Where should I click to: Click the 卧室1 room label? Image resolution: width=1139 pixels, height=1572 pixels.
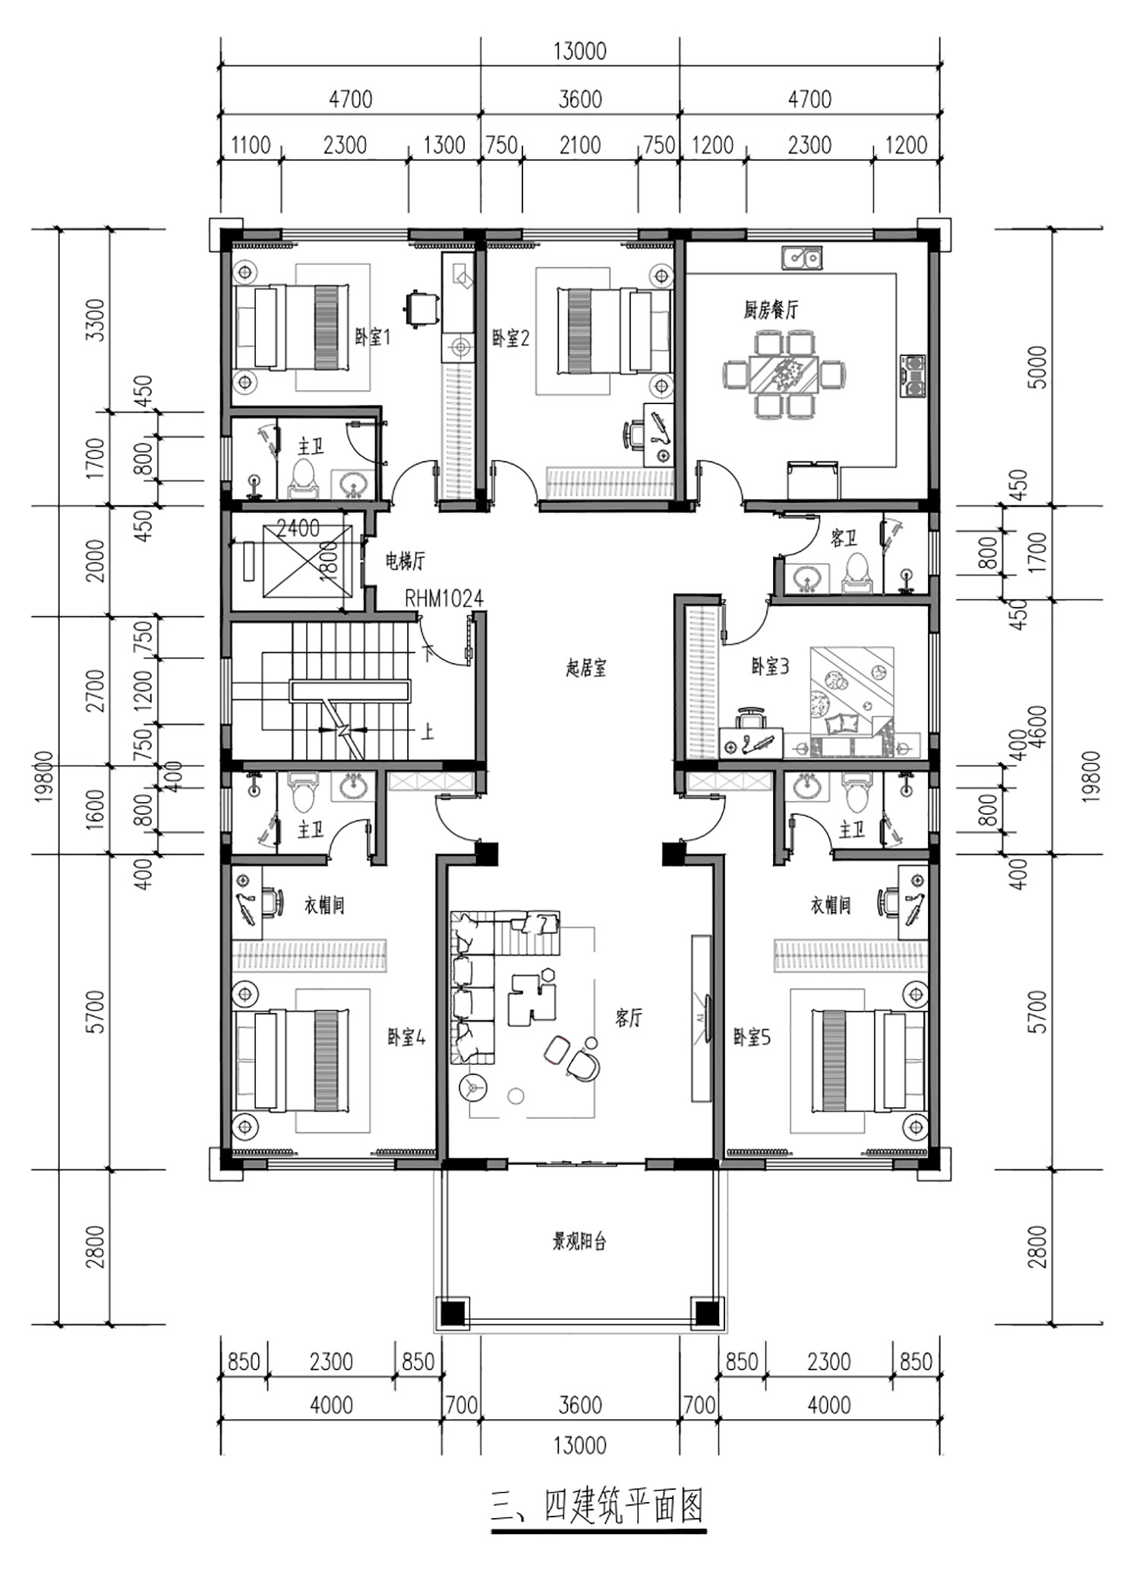[x=372, y=336]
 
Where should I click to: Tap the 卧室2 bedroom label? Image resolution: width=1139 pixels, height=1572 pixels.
[x=510, y=338]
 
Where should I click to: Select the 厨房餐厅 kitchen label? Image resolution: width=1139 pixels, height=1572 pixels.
[x=771, y=310]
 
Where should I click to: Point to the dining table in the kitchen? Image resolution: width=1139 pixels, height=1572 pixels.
[x=786, y=374]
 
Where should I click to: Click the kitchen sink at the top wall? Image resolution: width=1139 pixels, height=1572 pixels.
[x=801, y=257]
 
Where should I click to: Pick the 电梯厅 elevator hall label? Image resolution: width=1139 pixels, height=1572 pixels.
[x=405, y=561]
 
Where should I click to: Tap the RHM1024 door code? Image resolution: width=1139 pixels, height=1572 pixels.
[x=443, y=598]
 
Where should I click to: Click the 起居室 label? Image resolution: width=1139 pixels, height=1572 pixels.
[x=586, y=668]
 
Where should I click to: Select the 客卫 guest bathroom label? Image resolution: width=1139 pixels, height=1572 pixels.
[x=844, y=538]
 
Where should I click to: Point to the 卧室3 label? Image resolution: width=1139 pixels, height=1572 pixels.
[x=770, y=666]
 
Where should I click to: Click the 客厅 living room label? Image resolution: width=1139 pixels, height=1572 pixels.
[x=629, y=1018]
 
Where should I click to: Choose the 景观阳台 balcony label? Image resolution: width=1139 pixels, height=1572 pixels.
[x=579, y=1242]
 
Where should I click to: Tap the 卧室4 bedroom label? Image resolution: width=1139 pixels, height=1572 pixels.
[x=407, y=1037]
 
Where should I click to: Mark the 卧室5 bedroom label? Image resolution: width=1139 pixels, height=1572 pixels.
[x=752, y=1037]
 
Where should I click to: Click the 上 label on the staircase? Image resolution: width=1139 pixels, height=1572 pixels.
[x=428, y=731]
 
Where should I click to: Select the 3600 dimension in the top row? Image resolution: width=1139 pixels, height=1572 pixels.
[x=580, y=99]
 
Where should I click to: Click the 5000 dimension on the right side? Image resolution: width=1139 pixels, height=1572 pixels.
[x=1039, y=368]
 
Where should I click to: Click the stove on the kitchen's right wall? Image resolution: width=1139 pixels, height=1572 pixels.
[x=913, y=377]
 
